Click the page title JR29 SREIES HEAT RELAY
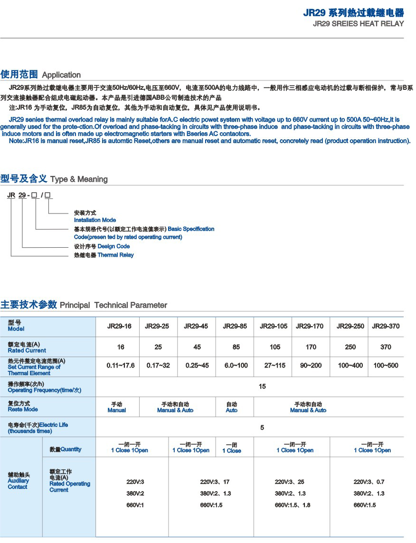(359, 23)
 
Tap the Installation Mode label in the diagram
(95, 220)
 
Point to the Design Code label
(113, 246)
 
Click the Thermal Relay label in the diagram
(115, 255)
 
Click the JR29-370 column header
(386, 326)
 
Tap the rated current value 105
(275, 347)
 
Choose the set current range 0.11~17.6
(121, 366)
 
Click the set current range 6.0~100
(236, 366)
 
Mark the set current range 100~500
(386, 366)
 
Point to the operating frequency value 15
(262, 387)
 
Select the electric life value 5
(262, 427)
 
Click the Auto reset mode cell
(232, 407)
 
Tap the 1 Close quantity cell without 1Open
(232, 448)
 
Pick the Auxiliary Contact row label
(18, 481)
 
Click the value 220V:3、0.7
(369, 482)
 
